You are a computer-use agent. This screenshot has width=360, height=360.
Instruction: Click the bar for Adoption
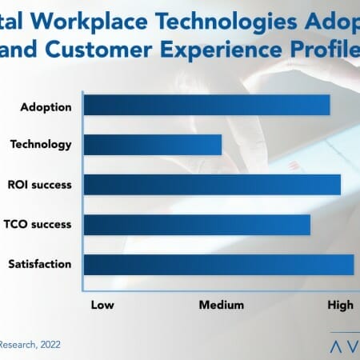pyautogui.click(x=206, y=105)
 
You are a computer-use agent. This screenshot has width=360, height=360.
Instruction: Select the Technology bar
pyautogui.click(x=152, y=145)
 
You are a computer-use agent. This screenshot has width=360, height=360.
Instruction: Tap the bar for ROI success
pyautogui.click(x=212, y=185)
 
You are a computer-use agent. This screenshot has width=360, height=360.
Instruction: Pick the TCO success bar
pyautogui.click(x=197, y=224)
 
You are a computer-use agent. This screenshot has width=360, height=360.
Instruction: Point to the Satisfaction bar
pyautogui.click(x=218, y=264)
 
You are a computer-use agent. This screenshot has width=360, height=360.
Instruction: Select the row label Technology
pyautogui.click(x=41, y=145)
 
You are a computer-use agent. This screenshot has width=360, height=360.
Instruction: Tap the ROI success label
pyautogui.click(x=42, y=185)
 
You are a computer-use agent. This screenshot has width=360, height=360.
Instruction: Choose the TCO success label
pyautogui.click(x=42, y=224)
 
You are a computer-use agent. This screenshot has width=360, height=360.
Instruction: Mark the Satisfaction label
pyautogui.click(x=40, y=264)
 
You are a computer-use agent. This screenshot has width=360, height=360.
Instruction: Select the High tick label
pyautogui.click(x=340, y=304)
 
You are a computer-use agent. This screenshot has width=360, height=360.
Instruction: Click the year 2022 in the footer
pyautogui.click(x=46, y=345)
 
